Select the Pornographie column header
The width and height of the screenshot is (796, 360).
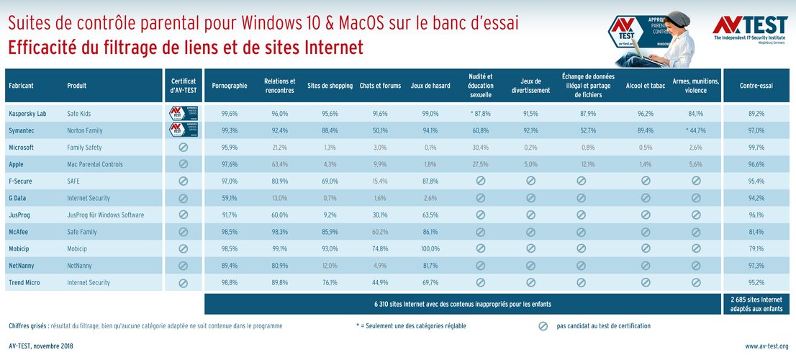(x=230, y=86)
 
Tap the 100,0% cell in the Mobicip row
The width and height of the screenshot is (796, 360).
(x=430, y=248)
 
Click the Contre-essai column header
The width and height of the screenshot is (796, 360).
(x=756, y=86)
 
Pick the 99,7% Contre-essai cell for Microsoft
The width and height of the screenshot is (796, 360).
(x=756, y=148)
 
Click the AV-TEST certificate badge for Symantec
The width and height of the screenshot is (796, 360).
(x=183, y=130)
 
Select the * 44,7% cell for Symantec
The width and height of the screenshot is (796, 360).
(x=695, y=130)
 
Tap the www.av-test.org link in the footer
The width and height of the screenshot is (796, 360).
(x=766, y=346)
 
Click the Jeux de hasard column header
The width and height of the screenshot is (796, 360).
(x=430, y=86)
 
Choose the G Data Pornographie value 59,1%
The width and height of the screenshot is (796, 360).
(x=230, y=198)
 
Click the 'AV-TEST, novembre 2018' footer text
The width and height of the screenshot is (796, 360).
(x=41, y=346)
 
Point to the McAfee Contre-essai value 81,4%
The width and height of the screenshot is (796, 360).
(x=756, y=232)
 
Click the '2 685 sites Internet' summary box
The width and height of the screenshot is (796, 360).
(x=756, y=304)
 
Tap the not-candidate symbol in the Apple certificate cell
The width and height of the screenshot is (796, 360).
(x=183, y=164)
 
